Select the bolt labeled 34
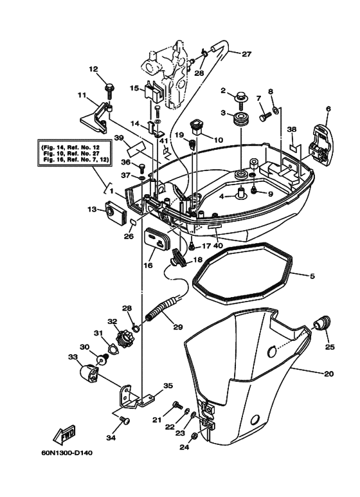click(125, 421)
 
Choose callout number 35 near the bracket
click(168, 386)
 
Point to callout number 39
click(118, 138)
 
